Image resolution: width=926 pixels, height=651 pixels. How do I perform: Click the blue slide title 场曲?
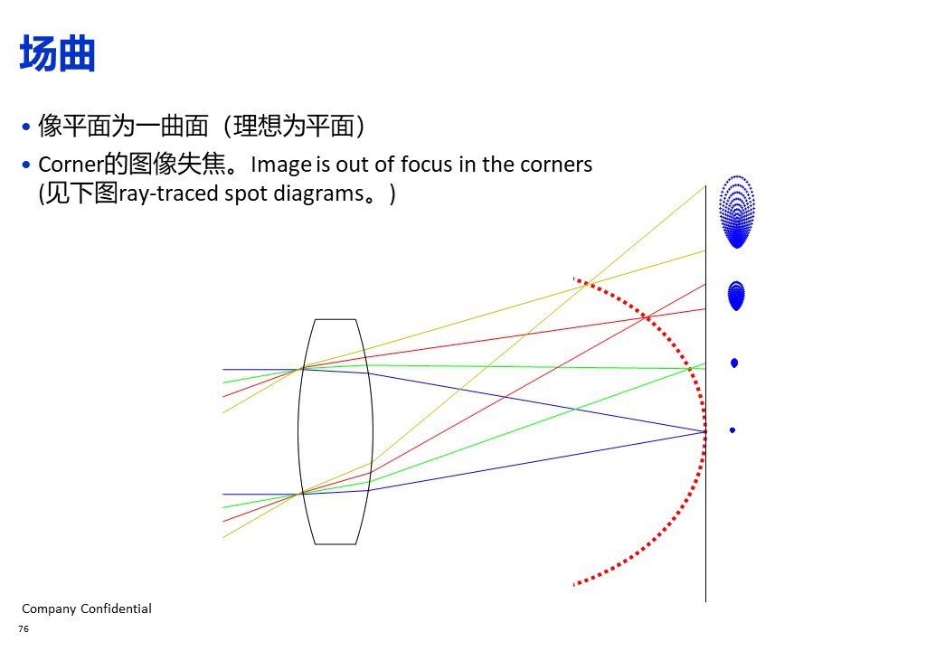click(57, 53)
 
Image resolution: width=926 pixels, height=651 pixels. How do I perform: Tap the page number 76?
click(24, 629)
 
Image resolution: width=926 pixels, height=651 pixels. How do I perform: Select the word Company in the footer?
click(49, 609)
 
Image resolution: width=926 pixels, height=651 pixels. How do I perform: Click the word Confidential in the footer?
click(116, 609)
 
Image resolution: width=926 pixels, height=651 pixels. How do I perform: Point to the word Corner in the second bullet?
click(71, 165)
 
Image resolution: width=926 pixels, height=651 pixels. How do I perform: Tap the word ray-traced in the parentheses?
click(169, 193)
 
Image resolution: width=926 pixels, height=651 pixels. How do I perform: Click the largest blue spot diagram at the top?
click(736, 212)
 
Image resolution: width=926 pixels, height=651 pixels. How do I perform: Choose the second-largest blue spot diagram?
click(736, 296)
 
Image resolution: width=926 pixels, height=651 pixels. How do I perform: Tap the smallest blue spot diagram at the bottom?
click(732, 430)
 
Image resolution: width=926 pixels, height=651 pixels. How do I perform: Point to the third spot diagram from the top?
click(734, 363)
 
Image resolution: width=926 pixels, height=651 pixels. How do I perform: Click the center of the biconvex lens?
click(335, 431)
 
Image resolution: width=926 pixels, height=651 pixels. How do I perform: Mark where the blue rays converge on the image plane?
click(705, 432)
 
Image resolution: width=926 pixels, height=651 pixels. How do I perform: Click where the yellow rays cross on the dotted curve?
click(586, 284)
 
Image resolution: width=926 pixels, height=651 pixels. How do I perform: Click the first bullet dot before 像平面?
click(26, 127)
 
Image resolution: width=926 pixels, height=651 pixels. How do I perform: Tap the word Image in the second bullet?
click(281, 165)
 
